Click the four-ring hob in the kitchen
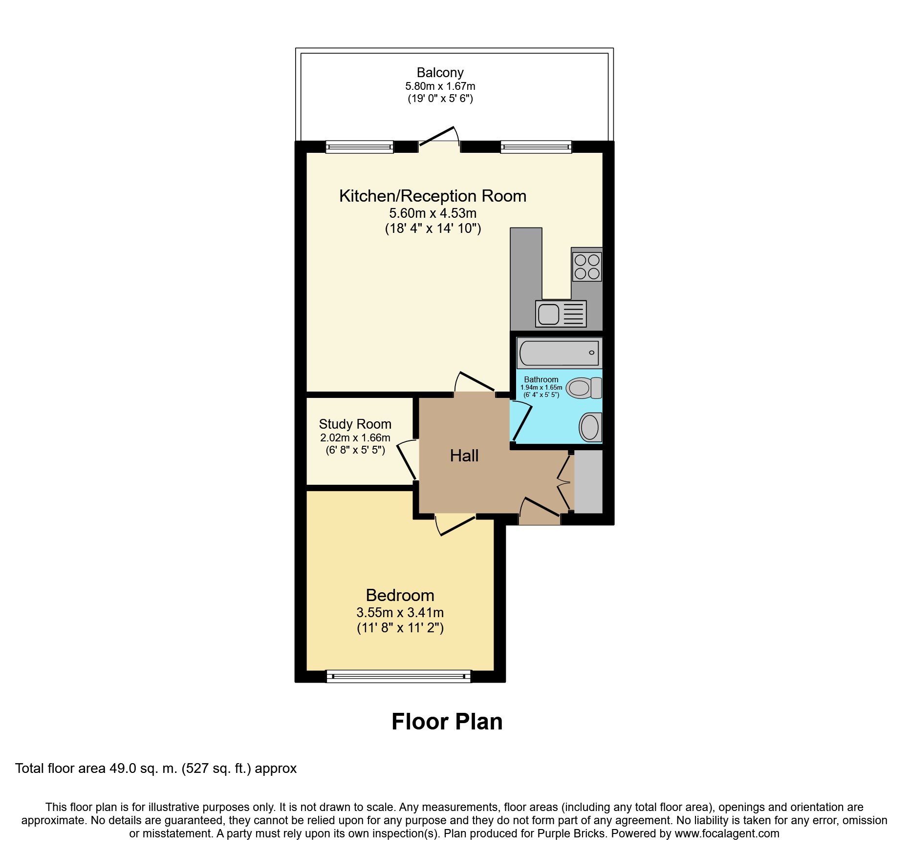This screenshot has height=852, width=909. tap(586, 267)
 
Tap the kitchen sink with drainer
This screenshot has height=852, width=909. tap(561, 313)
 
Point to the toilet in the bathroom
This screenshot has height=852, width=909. tap(584, 388)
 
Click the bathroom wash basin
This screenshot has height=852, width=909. tap(590, 427)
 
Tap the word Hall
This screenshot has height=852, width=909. tap(464, 456)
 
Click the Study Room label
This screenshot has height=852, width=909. tap(355, 424)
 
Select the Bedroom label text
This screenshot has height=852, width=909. tap(400, 595)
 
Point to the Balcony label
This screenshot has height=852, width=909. tap(440, 73)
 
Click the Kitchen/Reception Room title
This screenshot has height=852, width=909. tap(433, 196)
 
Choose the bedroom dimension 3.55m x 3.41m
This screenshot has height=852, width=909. tap(400, 612)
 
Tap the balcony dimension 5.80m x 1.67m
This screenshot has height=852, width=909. tap(440, 86)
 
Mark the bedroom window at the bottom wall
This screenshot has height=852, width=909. tap(398, 676)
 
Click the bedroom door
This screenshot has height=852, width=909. tap(455, 525)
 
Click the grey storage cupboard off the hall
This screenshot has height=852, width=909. tap(588, 481)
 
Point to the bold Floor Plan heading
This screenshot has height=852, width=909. tap(447, 722)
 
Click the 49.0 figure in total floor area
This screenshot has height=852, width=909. tap(123, 769)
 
